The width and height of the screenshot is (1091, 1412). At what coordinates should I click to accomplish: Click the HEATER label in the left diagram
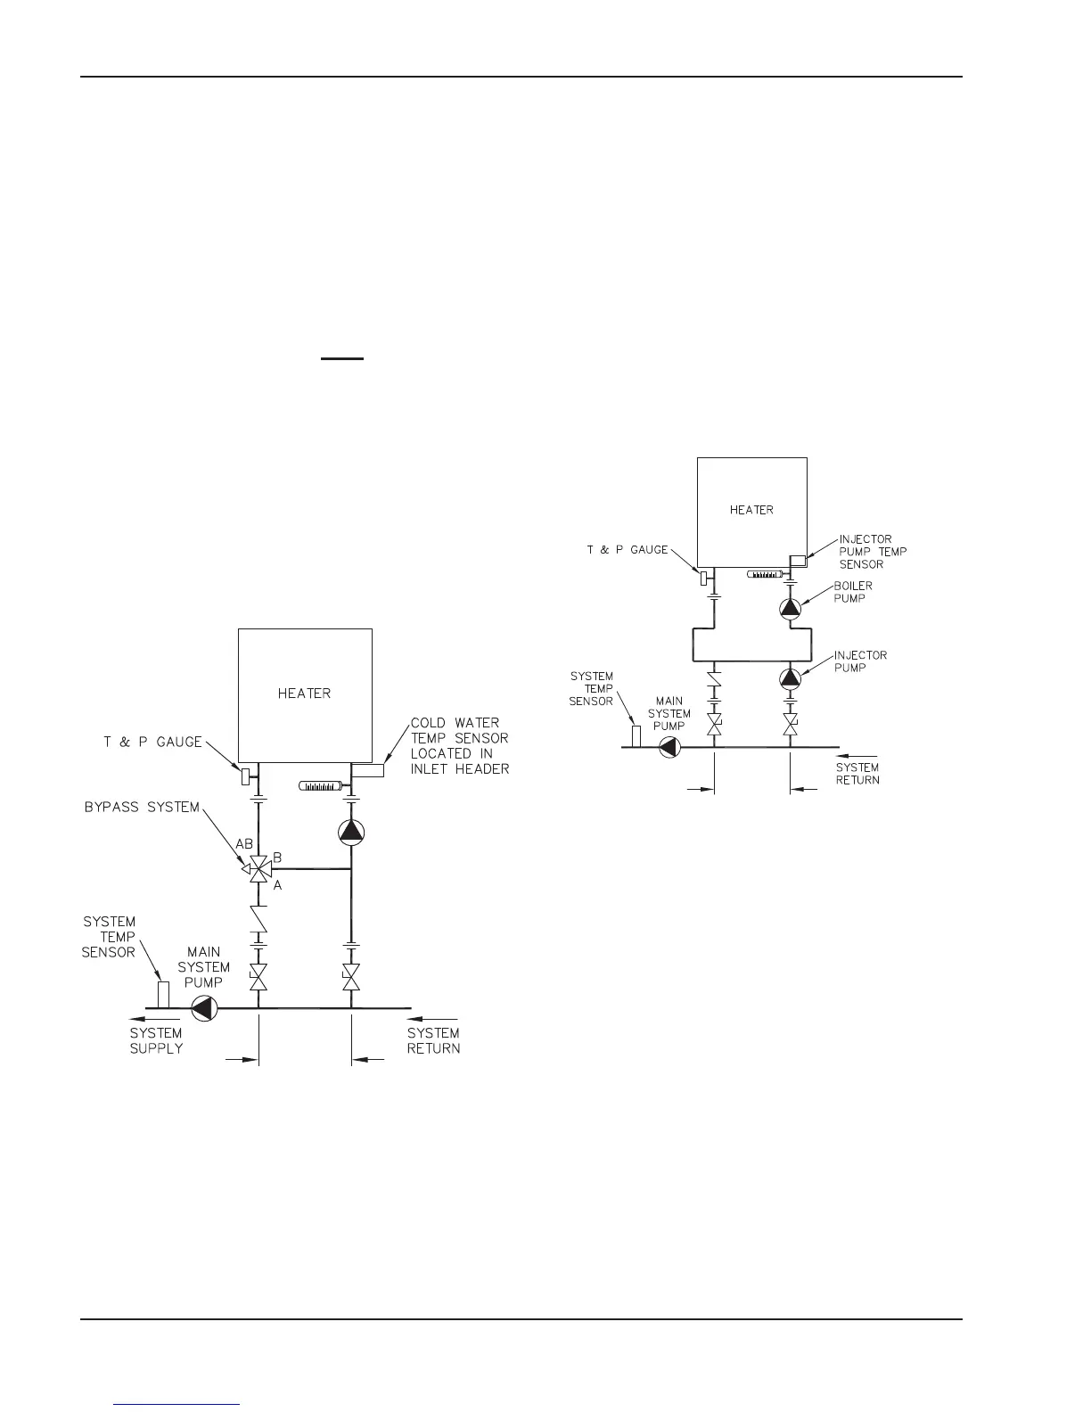coord(304,693)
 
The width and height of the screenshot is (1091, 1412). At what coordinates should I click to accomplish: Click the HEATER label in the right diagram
coord(751,510)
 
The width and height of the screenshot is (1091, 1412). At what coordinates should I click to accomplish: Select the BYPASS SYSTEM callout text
coord(142,808)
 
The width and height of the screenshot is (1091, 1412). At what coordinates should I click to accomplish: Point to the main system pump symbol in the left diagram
coord(204,1008)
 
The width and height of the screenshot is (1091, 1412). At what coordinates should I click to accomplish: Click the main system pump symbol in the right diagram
coord(669,747)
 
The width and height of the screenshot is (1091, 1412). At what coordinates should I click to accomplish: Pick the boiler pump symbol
coord(791,608)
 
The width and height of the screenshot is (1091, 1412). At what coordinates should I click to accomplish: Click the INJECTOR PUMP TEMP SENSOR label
coord(873,552)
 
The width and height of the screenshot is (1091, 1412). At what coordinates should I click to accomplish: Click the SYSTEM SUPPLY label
coord(156,1040)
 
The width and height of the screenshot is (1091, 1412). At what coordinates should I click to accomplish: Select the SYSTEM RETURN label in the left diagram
coord(433,1040)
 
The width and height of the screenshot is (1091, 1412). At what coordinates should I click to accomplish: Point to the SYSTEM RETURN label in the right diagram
coord(857,774)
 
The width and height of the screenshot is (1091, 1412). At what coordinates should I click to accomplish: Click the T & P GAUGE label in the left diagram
coord(152,742)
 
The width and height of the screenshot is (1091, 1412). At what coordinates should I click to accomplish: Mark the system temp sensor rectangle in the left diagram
coord(163,994)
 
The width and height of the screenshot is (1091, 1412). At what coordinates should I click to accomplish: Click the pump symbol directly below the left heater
coord(351,833)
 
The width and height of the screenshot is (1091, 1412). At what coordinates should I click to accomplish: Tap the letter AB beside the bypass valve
coord(244,843)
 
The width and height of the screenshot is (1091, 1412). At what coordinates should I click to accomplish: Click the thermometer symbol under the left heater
coord(323,785)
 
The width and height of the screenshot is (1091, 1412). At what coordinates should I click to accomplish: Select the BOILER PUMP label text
coord(853,592)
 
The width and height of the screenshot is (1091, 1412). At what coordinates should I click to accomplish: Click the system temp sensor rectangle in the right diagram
coord(636,736)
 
